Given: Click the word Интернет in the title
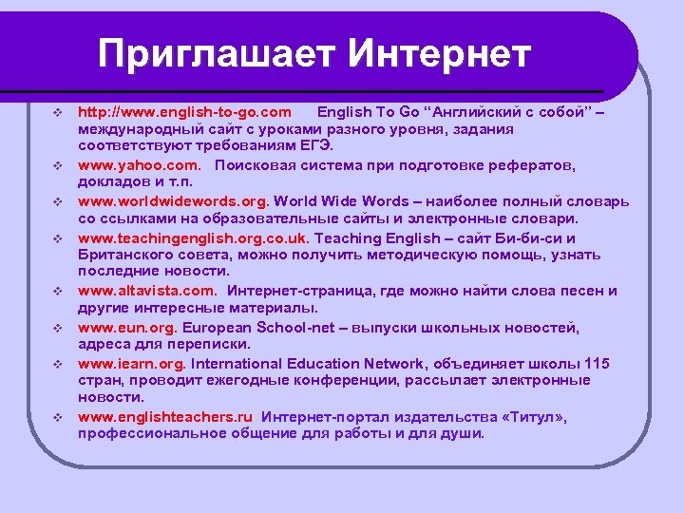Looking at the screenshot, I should coord(438,53).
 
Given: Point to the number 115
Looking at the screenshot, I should coord(598,364).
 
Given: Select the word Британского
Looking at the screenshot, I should coord(123,256).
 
